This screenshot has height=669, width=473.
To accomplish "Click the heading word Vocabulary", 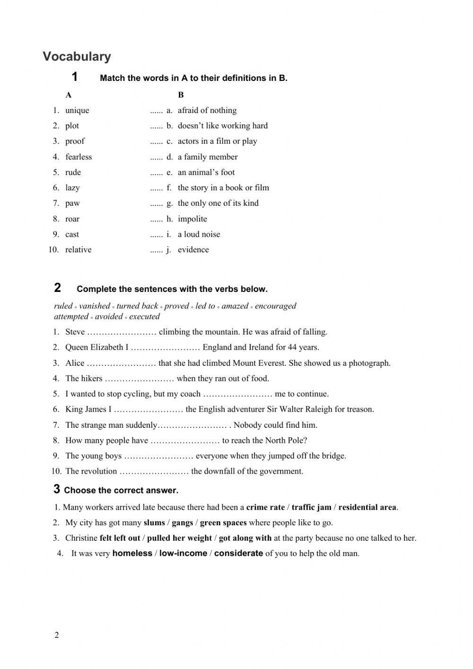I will [x=77, y=56].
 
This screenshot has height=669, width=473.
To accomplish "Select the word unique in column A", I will [x=77, y=110].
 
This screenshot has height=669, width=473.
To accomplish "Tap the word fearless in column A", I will [x=79, y=157].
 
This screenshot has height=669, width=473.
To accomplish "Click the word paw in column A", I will [x=72, y=203].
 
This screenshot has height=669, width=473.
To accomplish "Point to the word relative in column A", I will [x=79, y=249].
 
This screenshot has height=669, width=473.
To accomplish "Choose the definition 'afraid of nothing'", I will [x=207, y=110].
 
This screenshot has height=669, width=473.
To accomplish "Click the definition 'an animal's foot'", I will [x=206, y=172].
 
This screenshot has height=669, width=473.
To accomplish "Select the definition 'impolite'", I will [x=192, y=219].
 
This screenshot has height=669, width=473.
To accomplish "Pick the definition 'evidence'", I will [x=193, y=249].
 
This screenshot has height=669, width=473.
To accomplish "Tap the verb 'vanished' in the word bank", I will [x=94, y=306].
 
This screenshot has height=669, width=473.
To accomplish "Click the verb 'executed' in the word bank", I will [x=144, y=317].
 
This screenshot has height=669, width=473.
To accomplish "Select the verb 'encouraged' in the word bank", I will [x=275, y=306].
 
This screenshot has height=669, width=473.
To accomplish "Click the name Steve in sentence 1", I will [x=75, y=332].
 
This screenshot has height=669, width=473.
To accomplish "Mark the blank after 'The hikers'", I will [x=140, y=379].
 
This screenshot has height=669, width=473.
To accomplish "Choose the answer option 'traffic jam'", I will [x=311, y=507].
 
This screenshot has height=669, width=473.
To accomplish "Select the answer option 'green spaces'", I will [x=223, y=522].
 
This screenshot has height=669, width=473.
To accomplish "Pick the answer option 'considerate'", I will [x=238, y=553].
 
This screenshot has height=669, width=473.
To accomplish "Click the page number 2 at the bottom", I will [x=57, y=635].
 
